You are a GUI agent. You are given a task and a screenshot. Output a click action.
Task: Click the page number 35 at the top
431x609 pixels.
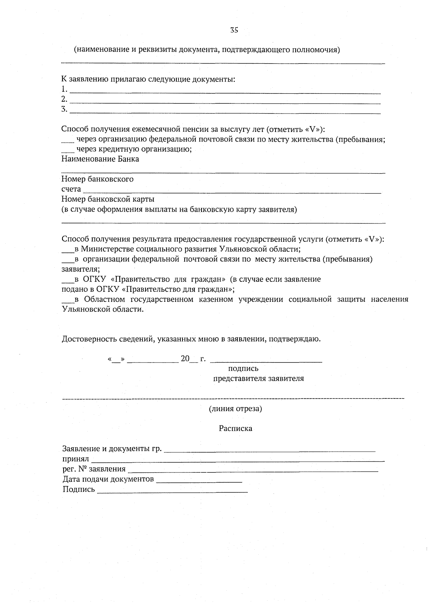(234, 30)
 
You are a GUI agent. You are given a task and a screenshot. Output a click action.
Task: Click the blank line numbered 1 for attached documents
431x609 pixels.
(224, 92)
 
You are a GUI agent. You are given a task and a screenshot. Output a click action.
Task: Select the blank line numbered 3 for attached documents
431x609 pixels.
(224, 112)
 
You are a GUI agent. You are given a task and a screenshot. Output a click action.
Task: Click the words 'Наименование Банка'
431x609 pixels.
(100, 159)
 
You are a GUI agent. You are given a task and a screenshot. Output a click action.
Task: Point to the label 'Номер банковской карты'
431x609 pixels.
(108, 199)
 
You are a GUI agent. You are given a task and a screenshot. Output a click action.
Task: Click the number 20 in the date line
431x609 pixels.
(185, 359)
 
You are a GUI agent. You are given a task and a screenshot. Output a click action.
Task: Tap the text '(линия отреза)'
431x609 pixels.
(235, 409)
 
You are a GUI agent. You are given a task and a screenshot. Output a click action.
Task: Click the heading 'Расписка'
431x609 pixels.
(235, 428)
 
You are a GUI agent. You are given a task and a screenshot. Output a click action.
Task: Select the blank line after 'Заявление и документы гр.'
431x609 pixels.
(269, 450)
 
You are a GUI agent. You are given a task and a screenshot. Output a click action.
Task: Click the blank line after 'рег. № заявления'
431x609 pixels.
(253, 470)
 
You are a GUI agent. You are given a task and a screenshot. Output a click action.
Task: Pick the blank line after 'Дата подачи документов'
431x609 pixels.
(199, 481)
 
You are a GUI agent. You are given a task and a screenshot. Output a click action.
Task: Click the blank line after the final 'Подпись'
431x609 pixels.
(172, 491)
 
